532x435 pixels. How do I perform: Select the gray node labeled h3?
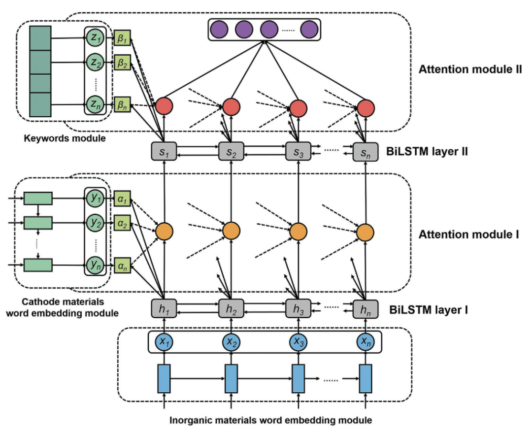(298, 309)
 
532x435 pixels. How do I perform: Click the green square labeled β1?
(121, 38)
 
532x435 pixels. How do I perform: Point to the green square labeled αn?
(121, 265)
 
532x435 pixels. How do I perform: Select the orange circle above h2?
(231, 231)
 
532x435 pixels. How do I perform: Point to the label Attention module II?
(470, 69)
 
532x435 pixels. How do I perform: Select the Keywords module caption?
(65, 138)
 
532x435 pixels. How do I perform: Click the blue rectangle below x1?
(163, 378)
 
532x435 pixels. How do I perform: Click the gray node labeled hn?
(365, 309)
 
